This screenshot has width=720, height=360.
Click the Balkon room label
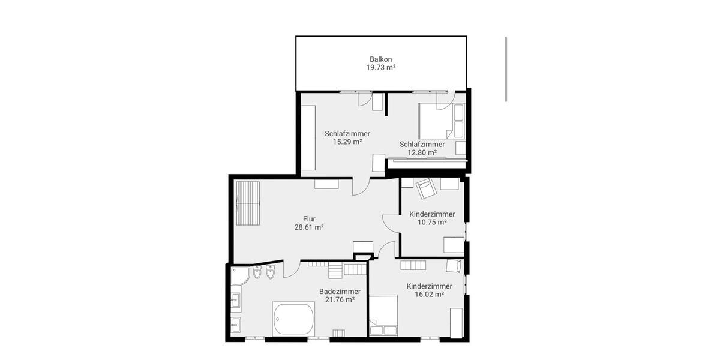[381, 59]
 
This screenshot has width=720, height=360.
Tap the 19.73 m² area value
[381, 68]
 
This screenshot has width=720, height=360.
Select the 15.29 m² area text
[347, 142]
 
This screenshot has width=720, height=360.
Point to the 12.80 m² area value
[422, 152]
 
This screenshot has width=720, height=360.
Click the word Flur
[309, 219]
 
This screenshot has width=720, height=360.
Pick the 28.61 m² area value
[309, 227]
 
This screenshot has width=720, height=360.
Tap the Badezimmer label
[340, 291]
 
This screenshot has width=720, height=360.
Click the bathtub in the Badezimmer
[293, 319]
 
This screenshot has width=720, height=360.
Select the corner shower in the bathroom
[241, 276]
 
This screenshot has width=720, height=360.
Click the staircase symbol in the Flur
[248, 202]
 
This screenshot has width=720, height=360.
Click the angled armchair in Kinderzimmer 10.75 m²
[425, 188]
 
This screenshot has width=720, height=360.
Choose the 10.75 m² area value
[432, 222]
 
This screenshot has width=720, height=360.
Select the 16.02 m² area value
[429, 295]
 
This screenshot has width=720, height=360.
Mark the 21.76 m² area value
[340, 299]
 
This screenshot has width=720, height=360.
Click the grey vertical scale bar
[506, 69]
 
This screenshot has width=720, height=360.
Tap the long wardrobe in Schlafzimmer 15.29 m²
[308, 138]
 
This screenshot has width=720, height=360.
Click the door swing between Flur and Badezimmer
[291, 269]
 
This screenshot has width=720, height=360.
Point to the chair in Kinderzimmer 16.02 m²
[454, 266]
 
